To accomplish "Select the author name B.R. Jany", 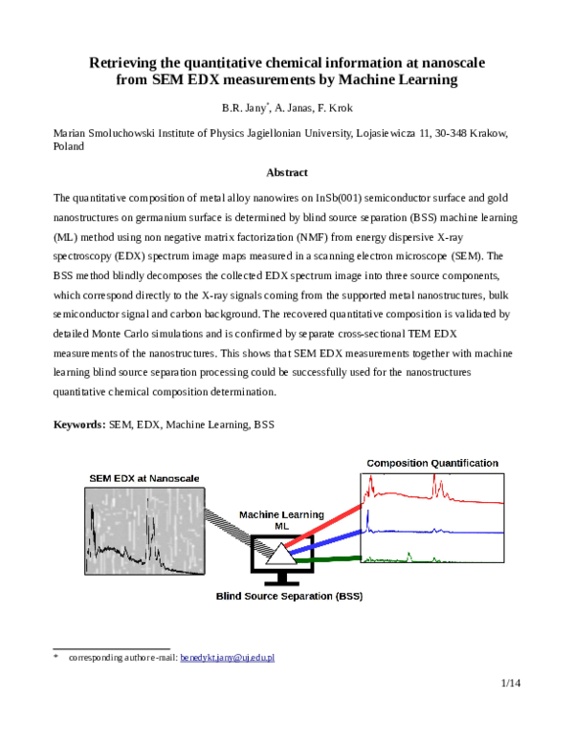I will [243, 108].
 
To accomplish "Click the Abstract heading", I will [286, 173].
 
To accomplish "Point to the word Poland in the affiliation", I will [70, 148].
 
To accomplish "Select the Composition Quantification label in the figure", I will [432, 464].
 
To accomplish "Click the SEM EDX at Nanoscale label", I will [141, 478].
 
